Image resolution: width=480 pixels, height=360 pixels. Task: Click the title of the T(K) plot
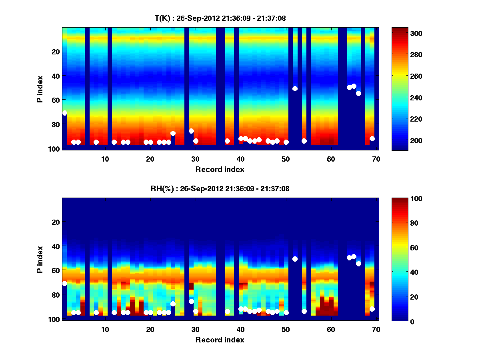(220, 18)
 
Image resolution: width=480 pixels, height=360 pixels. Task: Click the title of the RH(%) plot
(220, 188)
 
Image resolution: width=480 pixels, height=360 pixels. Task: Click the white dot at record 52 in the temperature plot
(295, 88)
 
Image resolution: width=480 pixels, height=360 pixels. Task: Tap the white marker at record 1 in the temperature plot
(64, 113)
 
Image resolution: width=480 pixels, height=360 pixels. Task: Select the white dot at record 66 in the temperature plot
(358, 93)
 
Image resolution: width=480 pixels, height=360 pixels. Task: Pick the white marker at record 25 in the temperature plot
(173, 134)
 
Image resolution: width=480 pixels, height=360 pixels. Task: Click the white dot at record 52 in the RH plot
(295, 259)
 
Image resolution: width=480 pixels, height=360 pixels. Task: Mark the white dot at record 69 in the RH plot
(372, 309)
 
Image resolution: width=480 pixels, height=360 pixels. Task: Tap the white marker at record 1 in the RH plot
(64, 283)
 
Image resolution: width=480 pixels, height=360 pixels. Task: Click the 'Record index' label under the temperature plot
(220, 169)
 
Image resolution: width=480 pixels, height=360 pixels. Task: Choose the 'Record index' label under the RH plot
(220, 340)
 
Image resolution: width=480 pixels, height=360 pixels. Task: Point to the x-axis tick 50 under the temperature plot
(286, 159)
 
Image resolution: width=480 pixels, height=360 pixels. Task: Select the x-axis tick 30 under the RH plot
(195, 329)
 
